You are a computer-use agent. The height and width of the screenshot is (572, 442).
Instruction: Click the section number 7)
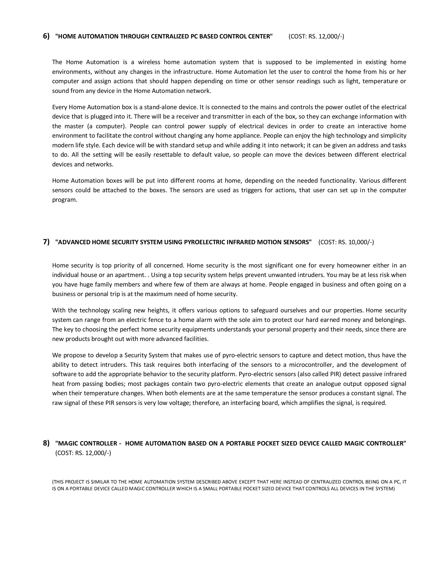coord(46,242)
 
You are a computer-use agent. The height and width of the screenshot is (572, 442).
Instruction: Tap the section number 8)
coord(46,443)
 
